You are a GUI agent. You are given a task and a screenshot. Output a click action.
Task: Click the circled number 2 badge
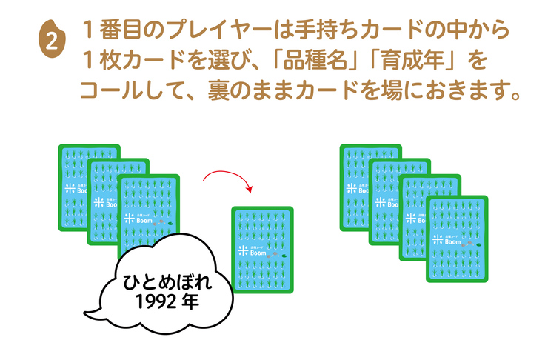(x=51, y=41)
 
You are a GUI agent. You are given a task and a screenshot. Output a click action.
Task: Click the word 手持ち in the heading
(x=310, y=31)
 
